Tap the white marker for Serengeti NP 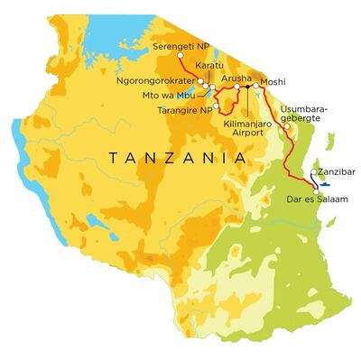tap(180, 55)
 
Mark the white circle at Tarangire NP tap(217, 106)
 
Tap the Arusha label tap(236, 79)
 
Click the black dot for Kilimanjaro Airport tap(246, 88)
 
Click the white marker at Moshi tap(256, 87)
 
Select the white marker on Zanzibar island tap(313, 173)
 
